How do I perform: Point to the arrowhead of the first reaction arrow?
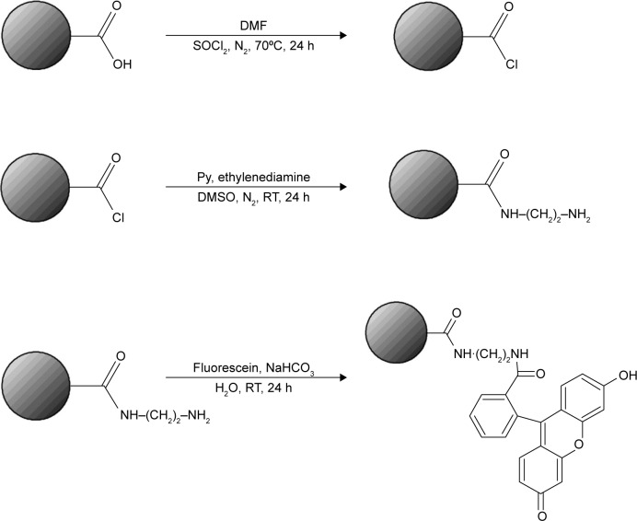tap(342, 36)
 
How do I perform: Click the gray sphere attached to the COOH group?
tap(47, 38)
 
